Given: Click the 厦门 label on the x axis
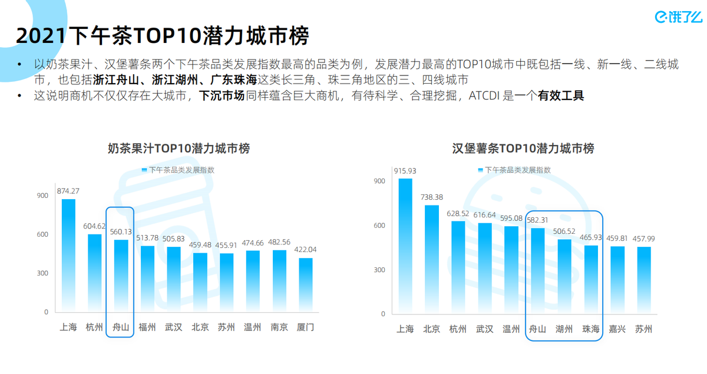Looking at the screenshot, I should [305, 327].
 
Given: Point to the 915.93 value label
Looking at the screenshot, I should [405, 171].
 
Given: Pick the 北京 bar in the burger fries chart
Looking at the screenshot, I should [432, 259].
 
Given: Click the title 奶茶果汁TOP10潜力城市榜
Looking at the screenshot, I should [179, 148].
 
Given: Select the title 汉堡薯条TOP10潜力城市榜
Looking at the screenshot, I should [523, 148].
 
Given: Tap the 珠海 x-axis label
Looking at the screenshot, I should [590, 329].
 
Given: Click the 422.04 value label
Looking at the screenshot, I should [305, 250].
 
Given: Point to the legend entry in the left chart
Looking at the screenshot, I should [178, 170].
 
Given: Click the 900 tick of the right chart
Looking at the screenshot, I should [379, 181].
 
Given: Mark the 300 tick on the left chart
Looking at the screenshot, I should [42, 273].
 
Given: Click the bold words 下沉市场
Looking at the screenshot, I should [221, 95].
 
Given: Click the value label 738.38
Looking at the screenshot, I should [432, 197].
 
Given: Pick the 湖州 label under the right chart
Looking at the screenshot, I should [564, 329].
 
